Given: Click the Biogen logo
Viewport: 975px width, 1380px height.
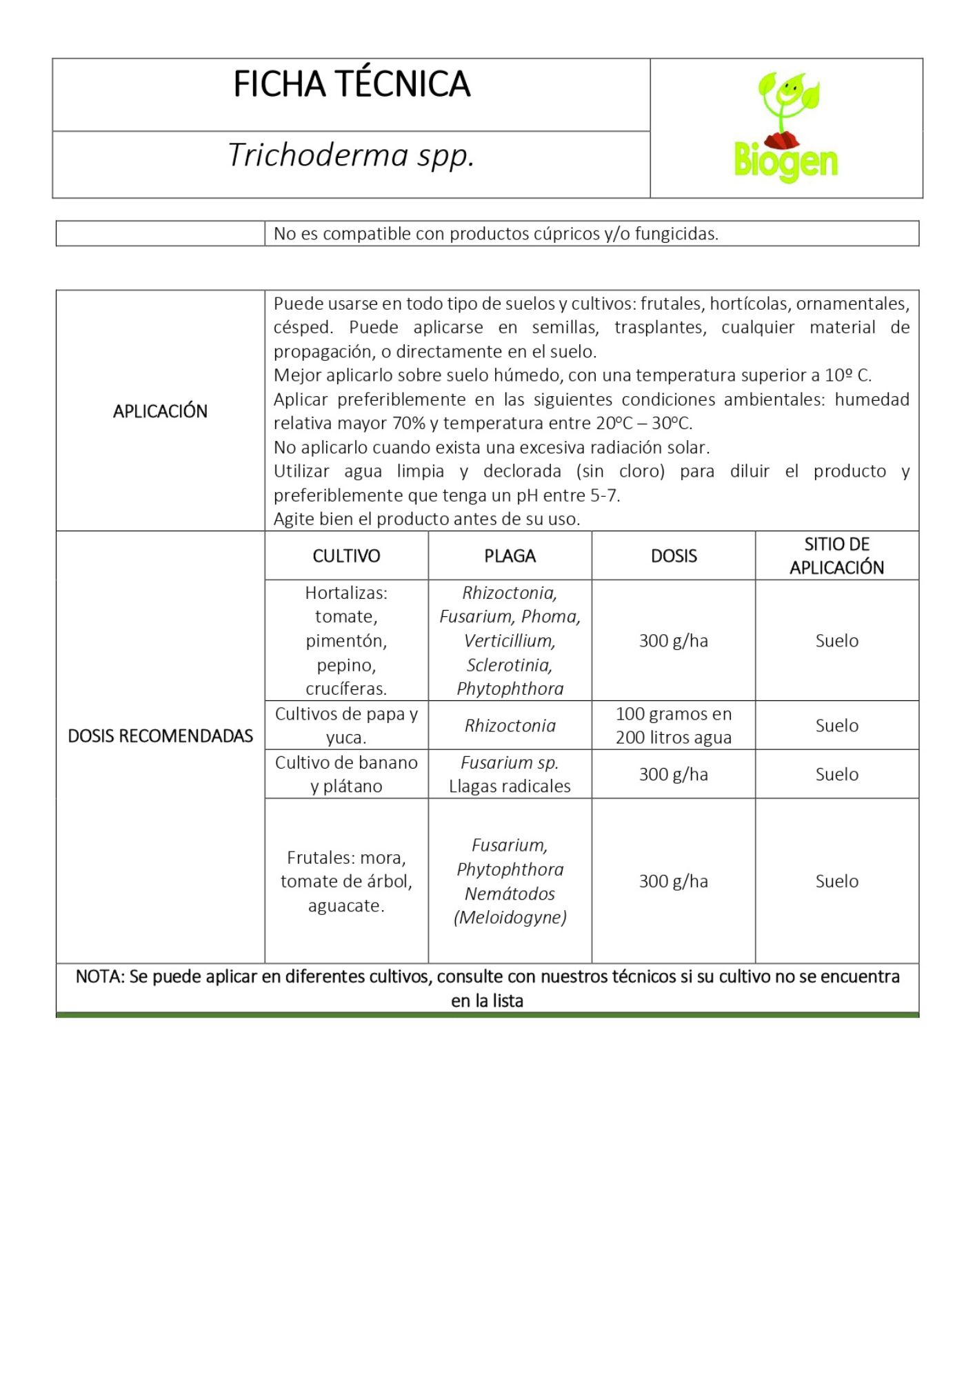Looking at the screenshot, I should (x=785, y=128).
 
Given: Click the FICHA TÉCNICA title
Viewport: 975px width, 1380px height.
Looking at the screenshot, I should (x=352, y=84).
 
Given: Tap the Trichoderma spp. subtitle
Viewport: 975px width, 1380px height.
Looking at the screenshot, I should (x=351, y=155).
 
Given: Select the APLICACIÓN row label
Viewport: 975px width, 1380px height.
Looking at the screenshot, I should (x=160, y=411).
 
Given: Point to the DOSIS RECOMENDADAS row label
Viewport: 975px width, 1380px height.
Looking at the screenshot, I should (x=160, y=736).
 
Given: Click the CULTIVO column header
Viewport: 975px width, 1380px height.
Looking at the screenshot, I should (x=346, y=556).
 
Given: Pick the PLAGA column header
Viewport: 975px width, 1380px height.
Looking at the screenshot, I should (x=510, y=556).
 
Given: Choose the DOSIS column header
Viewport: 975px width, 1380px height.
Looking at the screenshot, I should (x=674, y=556).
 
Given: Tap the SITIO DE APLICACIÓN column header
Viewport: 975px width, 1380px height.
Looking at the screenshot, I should (x=836, y=555).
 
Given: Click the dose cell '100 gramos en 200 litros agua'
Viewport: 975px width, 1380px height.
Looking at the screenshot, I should (x=674, y=725).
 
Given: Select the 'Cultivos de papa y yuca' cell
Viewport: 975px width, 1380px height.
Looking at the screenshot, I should (x=346, y=725).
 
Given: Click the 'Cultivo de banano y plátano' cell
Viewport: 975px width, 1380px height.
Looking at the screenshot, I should (x=346, y=774).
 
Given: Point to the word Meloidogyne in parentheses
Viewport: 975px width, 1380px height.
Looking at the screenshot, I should (x=510, y=918).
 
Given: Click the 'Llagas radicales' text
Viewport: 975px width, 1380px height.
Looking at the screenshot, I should (x=510, y=787).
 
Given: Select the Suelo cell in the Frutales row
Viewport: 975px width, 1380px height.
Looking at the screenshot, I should (x=836, y=881).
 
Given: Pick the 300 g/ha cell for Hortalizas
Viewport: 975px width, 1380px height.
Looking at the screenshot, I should (x=674, y=641).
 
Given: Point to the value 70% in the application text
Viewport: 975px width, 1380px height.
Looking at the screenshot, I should (x=409, y=424).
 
